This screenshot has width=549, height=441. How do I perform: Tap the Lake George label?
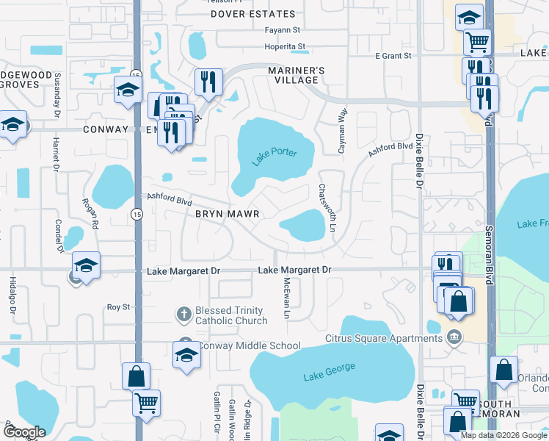point(329,372)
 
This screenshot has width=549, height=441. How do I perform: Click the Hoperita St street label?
point(285,47)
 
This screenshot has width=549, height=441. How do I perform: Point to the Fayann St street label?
point(283,30)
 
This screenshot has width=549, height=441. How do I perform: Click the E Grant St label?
point(394,56)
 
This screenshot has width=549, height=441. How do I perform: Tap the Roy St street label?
point(118,307)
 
